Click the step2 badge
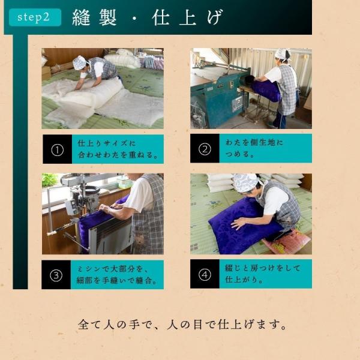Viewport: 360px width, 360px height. [x=35, y=17]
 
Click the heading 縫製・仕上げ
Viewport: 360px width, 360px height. [x=148, y=17]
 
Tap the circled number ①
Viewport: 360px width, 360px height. [x=57, y=150]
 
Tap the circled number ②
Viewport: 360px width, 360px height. [x=205, y=149]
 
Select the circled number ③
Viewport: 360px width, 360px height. [x=56, y=275]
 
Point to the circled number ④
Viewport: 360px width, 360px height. [x=205, y=275]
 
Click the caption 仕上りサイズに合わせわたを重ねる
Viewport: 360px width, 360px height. [x=118, y=149]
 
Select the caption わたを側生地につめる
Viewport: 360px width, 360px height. [x=254, y=148]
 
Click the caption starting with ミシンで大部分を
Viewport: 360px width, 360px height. [x=117, y=275]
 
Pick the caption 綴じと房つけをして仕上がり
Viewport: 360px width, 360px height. [x=263, y=274]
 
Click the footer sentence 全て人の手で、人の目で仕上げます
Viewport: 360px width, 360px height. [x=182, y=325]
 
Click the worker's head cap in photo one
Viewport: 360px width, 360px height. [x=80, y=62]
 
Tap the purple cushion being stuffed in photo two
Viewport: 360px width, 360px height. [x=266, y=89]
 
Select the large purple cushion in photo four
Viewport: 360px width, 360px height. [x=245, y=225]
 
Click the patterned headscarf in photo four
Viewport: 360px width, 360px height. [x=245, y=182]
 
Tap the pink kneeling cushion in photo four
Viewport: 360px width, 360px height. [x=287, y=242]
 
